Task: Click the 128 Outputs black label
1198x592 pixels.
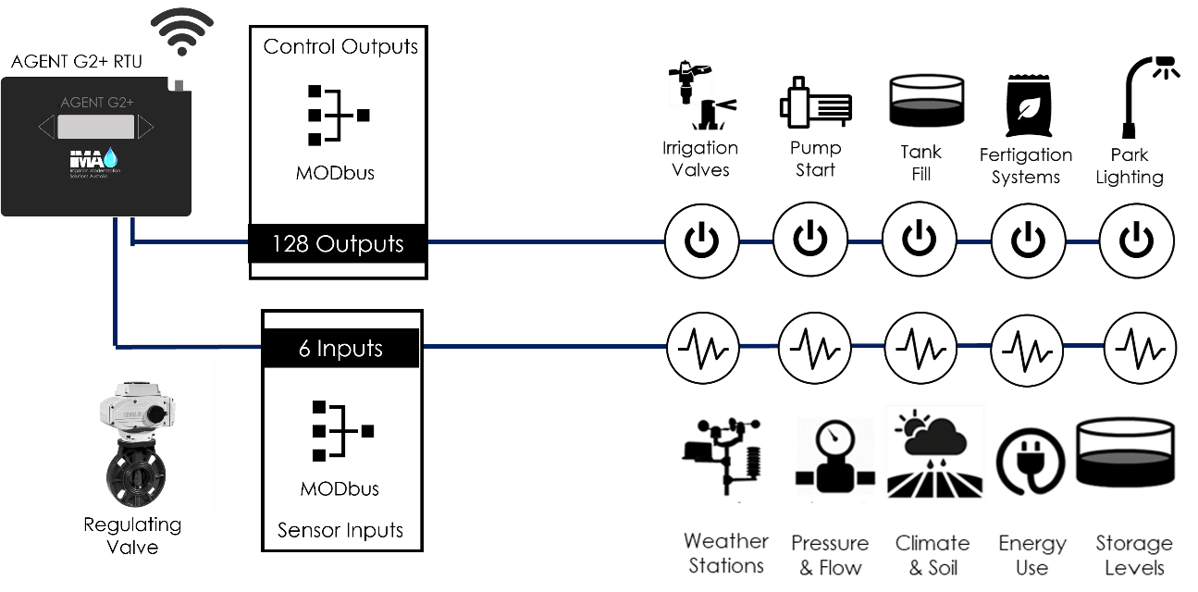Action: [338, 244]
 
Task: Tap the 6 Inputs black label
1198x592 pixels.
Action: [340, 349]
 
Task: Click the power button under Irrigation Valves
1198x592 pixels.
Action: [701, 242]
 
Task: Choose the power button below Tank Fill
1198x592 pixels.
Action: [919, 242]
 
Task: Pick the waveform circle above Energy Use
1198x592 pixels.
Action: [1027, 349]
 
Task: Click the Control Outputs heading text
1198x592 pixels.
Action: [340, 46]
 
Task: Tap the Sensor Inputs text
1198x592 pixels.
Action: [340, 530]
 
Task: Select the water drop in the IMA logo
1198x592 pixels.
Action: [111, 155]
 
